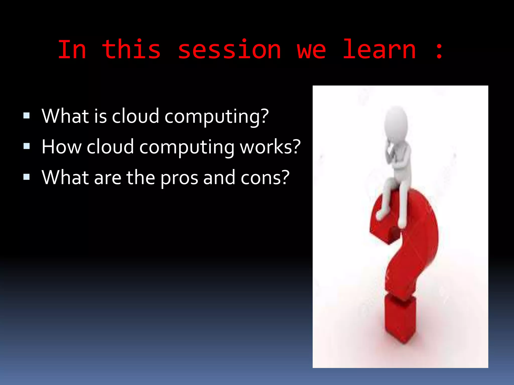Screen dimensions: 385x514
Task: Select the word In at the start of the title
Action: pyautogui.click(x=72, y=50)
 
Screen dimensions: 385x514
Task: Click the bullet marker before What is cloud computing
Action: pyautogui.click(x=26, y=116)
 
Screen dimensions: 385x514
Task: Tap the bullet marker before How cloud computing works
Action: pyautogui.click(x=26, y=146)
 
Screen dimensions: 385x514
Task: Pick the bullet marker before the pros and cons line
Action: pyautogui.click(x=26, y=177)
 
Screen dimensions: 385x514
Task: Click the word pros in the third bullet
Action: pyautogui.click(x=179, y=178)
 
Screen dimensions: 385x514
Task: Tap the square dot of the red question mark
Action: pyautogui.click(x=400, y=320)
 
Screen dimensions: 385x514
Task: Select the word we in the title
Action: pyautogui.click(x=311, y=50)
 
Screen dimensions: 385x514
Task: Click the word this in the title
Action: pyautogui.click(x=131, y=50)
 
